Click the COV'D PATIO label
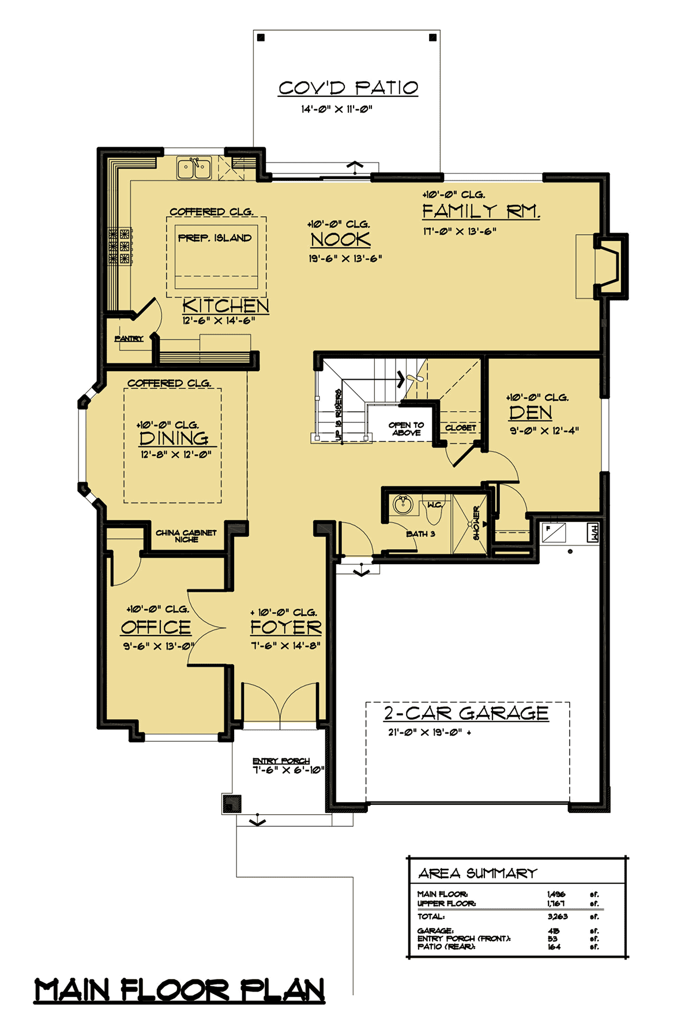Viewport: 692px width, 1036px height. [x=348, y=88]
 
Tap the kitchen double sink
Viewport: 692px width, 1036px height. [x=194, y=168]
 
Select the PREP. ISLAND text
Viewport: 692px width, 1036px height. [x=215, y=237]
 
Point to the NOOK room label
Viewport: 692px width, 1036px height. [x=340, y=239]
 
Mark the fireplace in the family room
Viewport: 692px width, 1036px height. [x=610, y=266]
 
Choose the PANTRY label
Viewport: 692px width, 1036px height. [x=129, y=338]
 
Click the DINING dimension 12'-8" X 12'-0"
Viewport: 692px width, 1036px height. [x=176, y=455]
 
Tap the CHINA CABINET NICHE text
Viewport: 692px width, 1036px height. [x=186, y=536]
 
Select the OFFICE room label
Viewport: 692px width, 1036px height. [x=156, y=627]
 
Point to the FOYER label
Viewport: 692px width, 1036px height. [x=286, y=627]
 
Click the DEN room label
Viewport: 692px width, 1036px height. [x=531, y=413]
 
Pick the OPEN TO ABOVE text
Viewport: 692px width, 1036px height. [x=407, y=429]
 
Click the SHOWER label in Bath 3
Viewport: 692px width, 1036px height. [x=476, y=523]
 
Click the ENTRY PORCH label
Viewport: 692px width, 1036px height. [x=281, y=761]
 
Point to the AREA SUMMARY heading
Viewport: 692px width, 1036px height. [x=477, y=874]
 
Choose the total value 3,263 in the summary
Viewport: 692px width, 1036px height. [x=557, y=916]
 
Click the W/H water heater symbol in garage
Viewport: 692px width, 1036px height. [x=593, y=532]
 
